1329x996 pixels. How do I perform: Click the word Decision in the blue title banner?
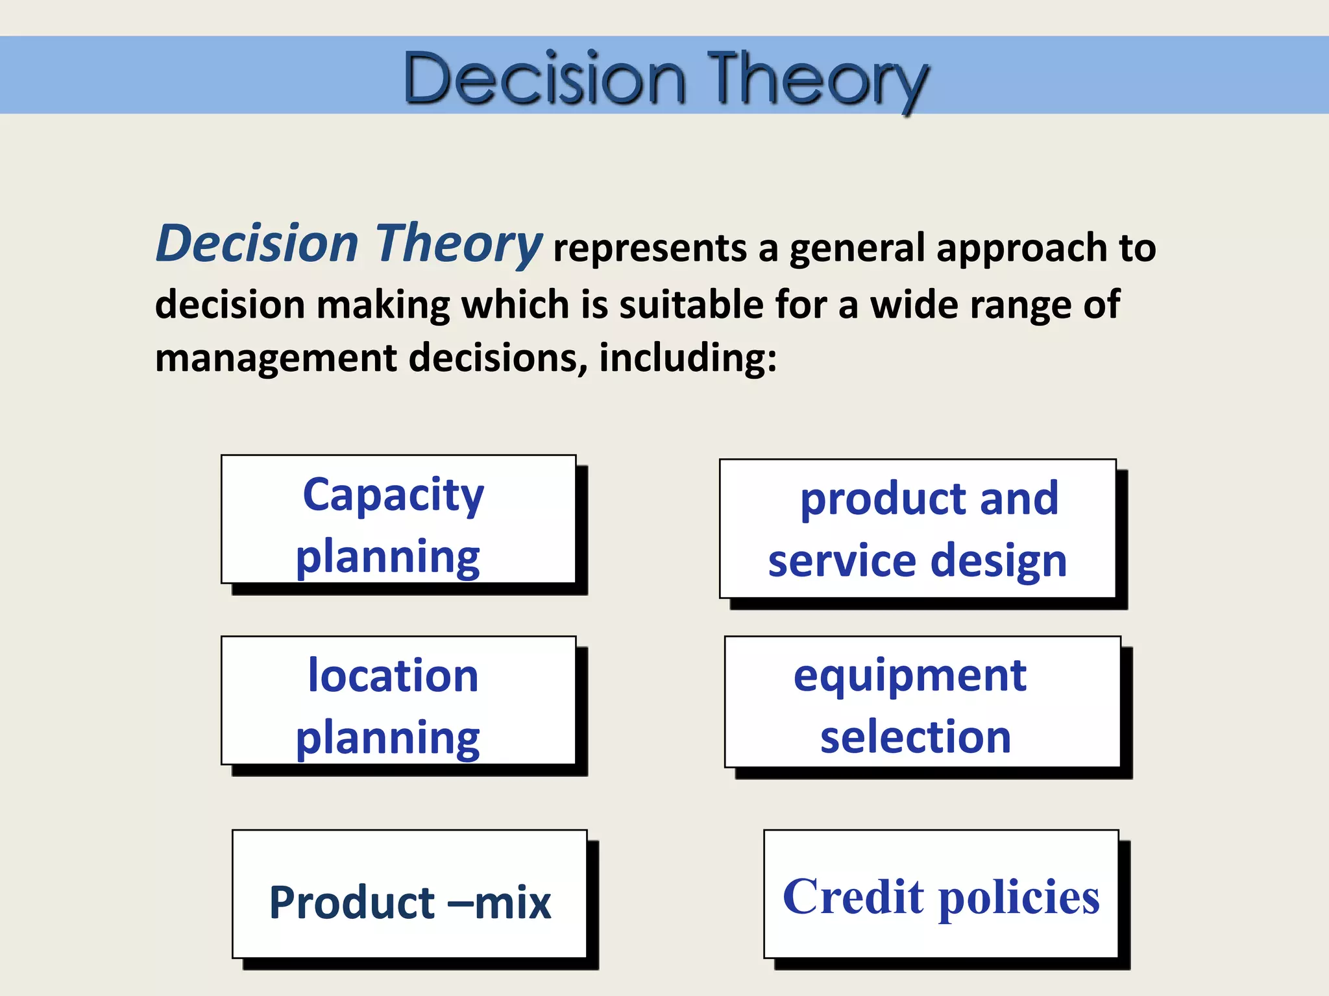tap(544, 79)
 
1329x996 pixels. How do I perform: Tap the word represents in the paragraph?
tap(650, 249)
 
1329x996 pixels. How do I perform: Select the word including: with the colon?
tap(687, 358)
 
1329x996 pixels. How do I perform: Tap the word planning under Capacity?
tap(387, 558)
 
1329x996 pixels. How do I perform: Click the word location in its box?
tap(393, 676)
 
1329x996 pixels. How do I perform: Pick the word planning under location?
tap(387, 739)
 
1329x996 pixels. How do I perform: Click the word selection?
tap(916, 737)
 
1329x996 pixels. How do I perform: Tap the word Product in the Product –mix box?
tap(352, 903)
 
